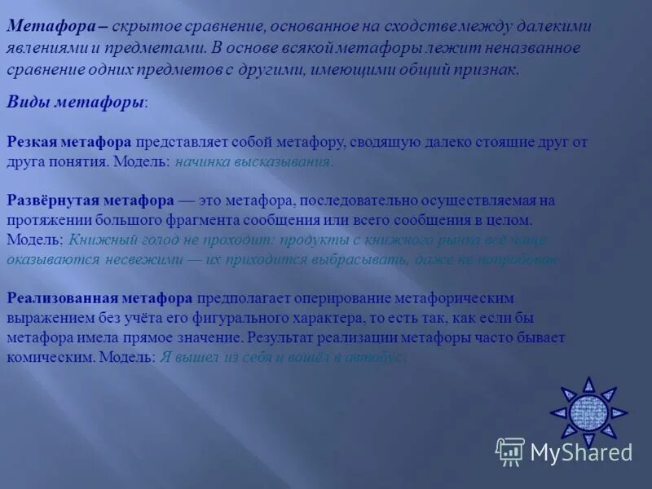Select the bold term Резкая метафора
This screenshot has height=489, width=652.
[69, 142]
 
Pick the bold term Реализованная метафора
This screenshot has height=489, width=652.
[99, 298]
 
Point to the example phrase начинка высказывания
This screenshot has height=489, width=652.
[253, 161]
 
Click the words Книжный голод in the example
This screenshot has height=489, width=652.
[118, 240]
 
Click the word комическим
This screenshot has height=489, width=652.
[46, 357]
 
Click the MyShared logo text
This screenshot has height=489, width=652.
[581, 452]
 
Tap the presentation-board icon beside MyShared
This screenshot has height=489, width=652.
[510, 452]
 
